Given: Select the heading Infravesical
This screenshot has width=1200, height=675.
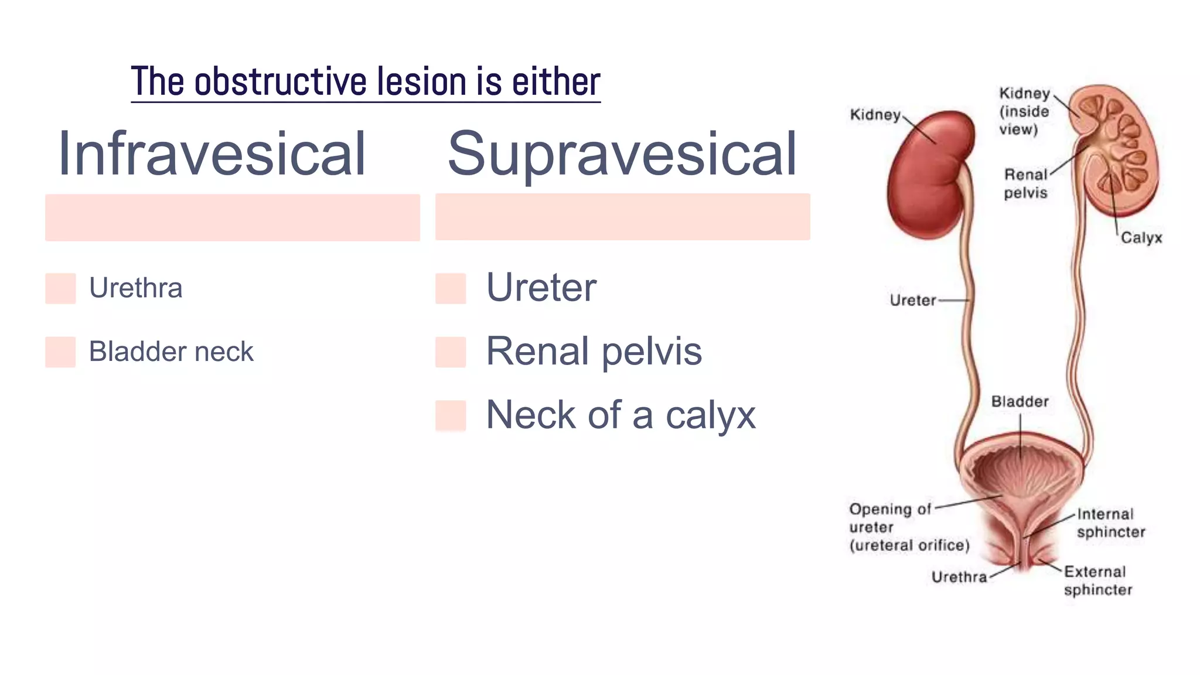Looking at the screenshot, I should tap(212, 154).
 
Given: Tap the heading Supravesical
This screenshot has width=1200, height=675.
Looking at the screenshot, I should tap(622, 154).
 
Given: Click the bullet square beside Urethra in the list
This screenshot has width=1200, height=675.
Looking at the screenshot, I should tap(60, 288).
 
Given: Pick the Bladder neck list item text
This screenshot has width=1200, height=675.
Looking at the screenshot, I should tap(171, 352).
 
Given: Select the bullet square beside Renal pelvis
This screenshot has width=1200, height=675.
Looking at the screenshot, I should tap(451, 352).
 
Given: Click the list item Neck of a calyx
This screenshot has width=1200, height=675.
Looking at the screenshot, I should tap(621, 415).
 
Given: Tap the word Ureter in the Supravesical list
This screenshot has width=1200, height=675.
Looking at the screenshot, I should tap(541, 288).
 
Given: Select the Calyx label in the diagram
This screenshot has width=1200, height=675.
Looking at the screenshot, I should tap(1141, 238).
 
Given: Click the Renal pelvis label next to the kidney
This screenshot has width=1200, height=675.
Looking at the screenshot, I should tap(1025, 183).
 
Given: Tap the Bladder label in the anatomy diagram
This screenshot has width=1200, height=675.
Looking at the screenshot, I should tap(1020, 402).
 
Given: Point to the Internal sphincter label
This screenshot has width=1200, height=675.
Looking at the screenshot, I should tap(1110, 523).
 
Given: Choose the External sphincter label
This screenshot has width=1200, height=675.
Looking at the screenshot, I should tap(1097, 580).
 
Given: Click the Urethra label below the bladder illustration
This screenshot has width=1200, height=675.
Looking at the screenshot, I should tap(959, 577).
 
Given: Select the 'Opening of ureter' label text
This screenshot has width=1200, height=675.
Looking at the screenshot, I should tap(908, 527).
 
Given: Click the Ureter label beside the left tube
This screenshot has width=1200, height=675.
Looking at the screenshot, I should tap(912, 301).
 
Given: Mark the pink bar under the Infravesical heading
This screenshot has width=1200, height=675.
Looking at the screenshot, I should tap(233, 217).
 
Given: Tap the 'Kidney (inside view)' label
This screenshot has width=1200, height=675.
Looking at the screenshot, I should tap(1024, 111).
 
